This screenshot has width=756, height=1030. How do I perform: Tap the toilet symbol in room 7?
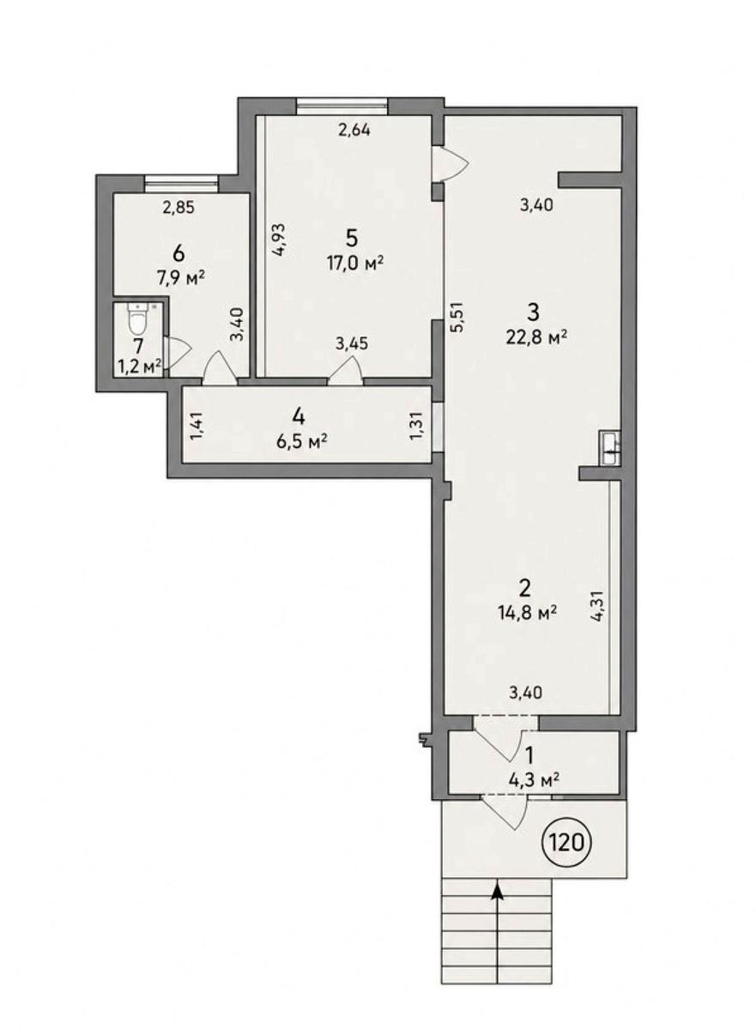(137, 318)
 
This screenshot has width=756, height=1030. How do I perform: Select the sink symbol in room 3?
(611, 446)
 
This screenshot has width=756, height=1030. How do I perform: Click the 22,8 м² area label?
(535, 339)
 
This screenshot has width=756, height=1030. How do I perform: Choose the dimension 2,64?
(354, 130)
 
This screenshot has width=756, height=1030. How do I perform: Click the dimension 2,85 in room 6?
(178, 208)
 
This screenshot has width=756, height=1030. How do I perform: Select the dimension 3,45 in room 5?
(352, 343)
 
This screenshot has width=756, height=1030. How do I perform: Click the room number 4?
(299, 417)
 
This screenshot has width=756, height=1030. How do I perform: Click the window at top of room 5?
(342, 106)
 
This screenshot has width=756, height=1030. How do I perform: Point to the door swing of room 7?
(178, 351)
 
